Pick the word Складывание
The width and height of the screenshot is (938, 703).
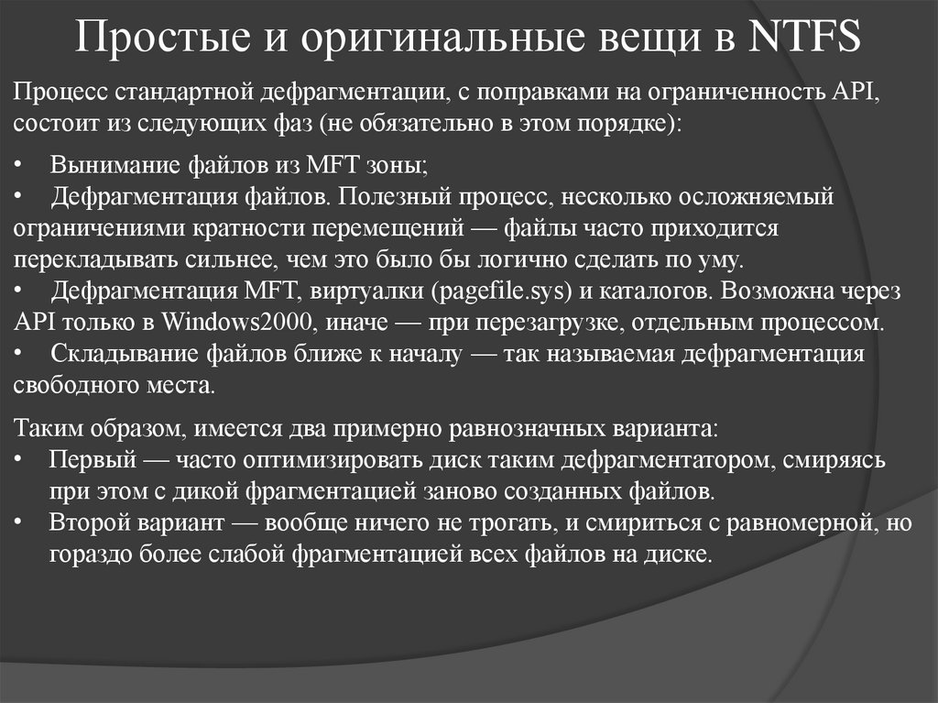pyautogui.click(x=111, y=354)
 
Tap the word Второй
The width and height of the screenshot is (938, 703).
pyautogui.click(x=89, y=523)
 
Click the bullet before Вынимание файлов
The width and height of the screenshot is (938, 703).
pyautogui.click(x=20, y=166)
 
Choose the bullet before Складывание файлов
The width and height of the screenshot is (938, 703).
pyautogui.click(x=20, y=354)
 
